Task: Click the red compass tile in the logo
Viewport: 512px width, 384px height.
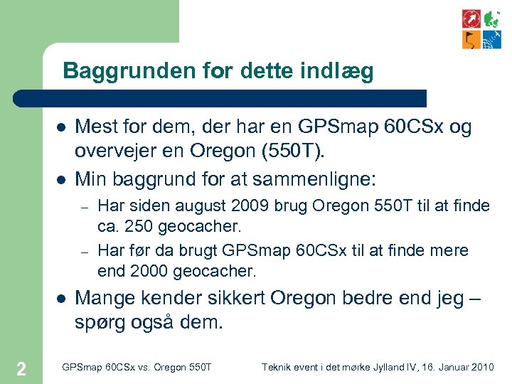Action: tap(471, 18)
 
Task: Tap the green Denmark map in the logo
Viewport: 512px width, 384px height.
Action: tap(491, 18)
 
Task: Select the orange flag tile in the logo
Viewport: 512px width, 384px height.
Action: tap(471, 39)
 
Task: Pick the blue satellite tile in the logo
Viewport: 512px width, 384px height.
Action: tap(491, 39)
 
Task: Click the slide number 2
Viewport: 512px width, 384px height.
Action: tap(21, 368)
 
